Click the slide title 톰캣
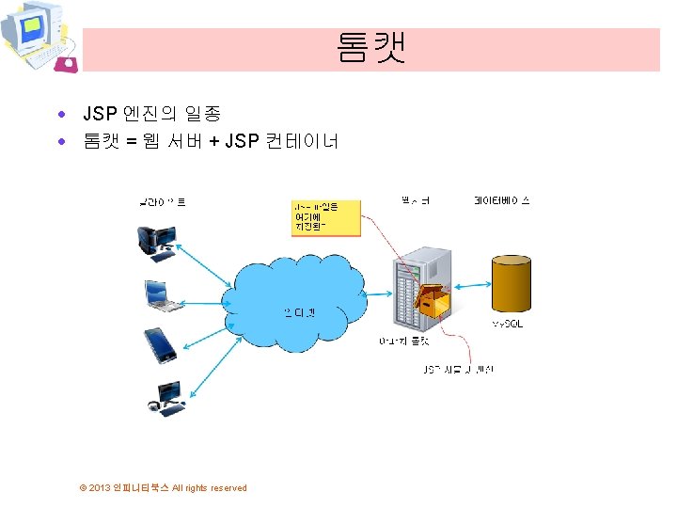(x=370, y=49)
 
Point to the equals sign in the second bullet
(x=132, y=142)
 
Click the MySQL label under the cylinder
(x=508, y=324)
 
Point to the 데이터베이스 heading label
(x=502, y=200)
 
